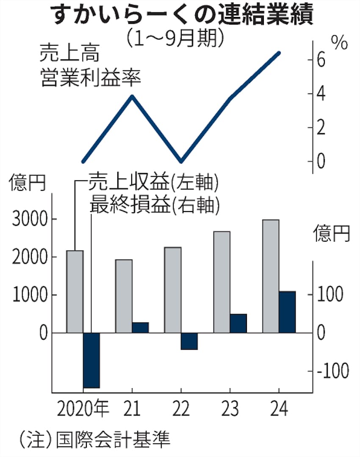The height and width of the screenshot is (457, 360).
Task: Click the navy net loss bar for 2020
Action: [x=91, y=360]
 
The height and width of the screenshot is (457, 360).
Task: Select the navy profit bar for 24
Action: [x=287, y=312]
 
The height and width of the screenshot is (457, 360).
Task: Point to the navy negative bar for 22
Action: [x=189, y=341]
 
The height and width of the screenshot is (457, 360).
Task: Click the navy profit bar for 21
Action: [x=140, y=328]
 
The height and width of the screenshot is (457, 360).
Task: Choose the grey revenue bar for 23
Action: [x=222, y=282]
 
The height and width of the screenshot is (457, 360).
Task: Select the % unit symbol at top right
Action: [x=339, y=44]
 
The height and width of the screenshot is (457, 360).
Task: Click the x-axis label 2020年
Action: [x=83, y=409]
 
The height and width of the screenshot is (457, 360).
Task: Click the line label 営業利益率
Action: [x=91, y=78]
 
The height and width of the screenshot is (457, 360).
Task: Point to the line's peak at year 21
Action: [x=132, y=96]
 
